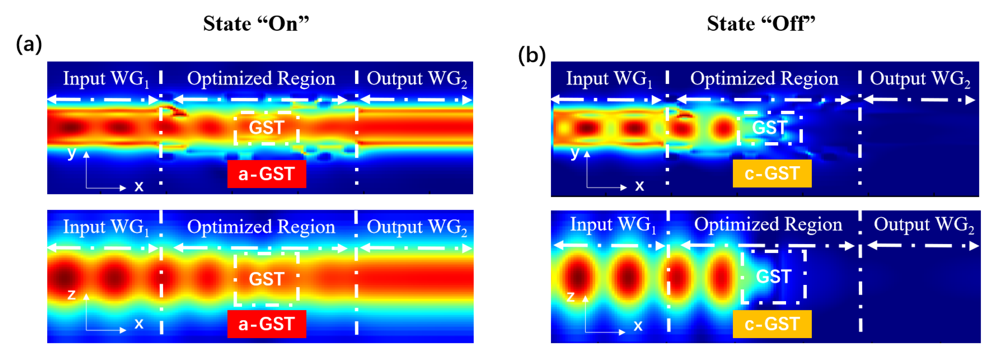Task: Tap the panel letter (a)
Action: pos(29,44)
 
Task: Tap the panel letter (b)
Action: pos(532,55)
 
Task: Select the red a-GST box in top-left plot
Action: pos(267,174)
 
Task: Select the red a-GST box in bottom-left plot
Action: pos(267,324)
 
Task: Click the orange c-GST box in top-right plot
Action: pos(772,173)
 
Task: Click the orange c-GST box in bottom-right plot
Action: pos(772,324)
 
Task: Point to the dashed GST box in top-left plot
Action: pos(267,128)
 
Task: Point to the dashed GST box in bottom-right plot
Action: pos(773,276)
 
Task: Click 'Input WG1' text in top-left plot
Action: pos(106,78)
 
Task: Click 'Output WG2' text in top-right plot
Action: pos(920,78)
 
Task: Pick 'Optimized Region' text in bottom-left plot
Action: pos(261,227)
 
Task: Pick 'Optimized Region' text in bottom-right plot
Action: pos(768,225)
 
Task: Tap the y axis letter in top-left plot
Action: pos(71,153)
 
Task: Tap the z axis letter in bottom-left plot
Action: pos(71,295)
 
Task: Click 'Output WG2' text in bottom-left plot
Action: pos(416,227)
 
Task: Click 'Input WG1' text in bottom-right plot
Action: pos(613,225)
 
